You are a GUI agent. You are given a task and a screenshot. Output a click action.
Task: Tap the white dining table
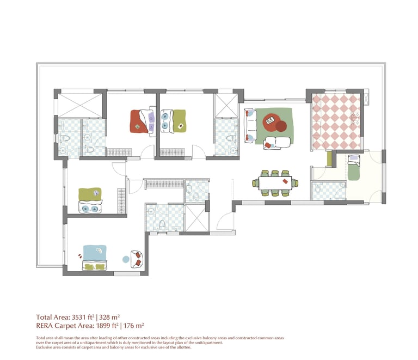point(275,183)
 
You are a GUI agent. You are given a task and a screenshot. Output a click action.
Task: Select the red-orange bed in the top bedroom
point(143,121)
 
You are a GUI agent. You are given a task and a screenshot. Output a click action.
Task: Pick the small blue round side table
point(126,259)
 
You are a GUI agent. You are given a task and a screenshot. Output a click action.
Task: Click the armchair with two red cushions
point(137,259)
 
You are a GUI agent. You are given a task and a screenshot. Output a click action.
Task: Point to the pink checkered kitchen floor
point(336,121)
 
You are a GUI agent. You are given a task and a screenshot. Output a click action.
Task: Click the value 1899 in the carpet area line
point(103,326)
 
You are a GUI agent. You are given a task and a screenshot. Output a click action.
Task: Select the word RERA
point(45,326)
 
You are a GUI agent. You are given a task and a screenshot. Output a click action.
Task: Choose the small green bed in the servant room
point(354,167)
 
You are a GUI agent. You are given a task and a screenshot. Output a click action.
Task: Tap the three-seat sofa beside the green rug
point(250,125)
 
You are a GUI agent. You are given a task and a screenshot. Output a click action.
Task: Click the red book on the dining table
point(285,181)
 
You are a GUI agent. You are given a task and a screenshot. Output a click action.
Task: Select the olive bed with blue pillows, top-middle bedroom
point(173,121)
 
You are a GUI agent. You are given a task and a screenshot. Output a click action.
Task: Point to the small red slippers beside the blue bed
point(79,256)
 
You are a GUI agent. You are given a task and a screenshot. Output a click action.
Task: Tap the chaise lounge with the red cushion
point(277,143)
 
